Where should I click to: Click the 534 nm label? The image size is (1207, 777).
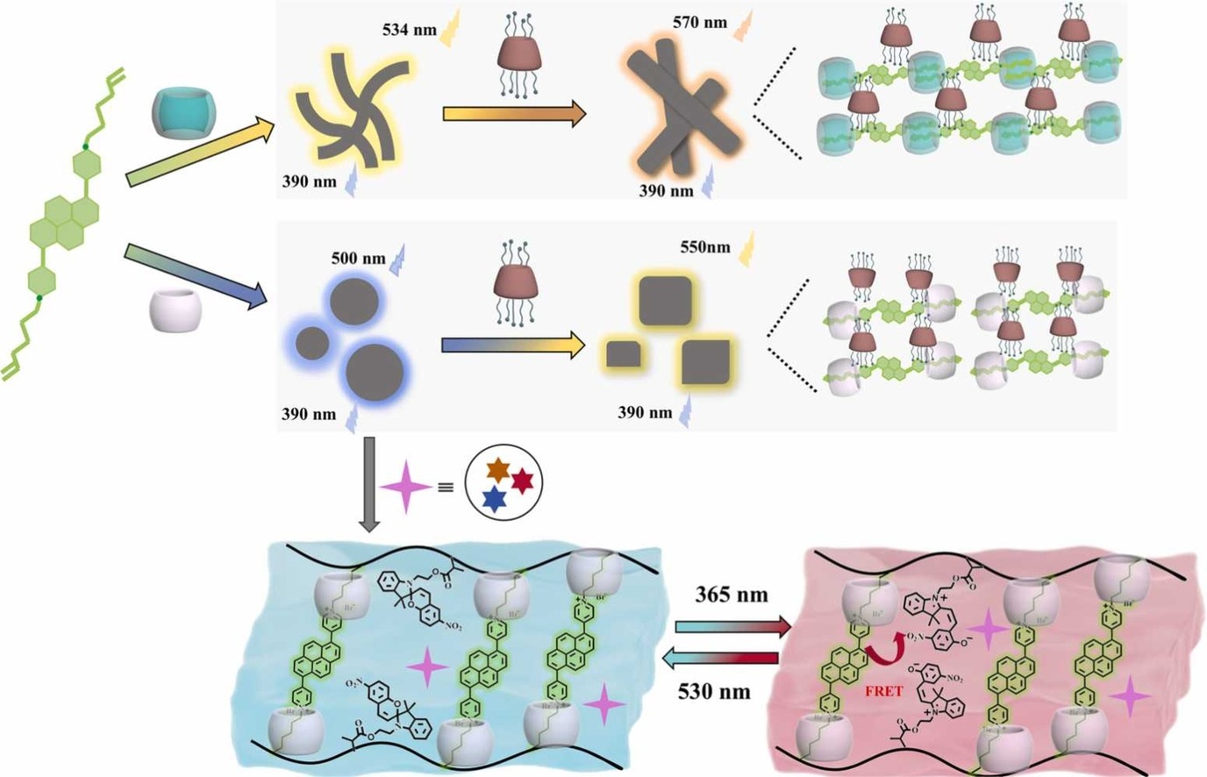coord(409,30)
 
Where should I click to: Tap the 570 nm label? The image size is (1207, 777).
coord(699,22)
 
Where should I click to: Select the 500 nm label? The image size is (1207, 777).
coord(358,259)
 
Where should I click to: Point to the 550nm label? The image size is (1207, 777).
coord(704,247)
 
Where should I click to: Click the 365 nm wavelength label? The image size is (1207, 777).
coord(731,595)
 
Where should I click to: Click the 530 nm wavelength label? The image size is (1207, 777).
coord(714,692)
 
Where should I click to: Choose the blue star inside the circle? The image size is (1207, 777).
coord(495,499)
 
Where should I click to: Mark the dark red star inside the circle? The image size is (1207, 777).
coord(523,481)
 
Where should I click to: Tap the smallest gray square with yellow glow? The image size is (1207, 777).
coord(623,353)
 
